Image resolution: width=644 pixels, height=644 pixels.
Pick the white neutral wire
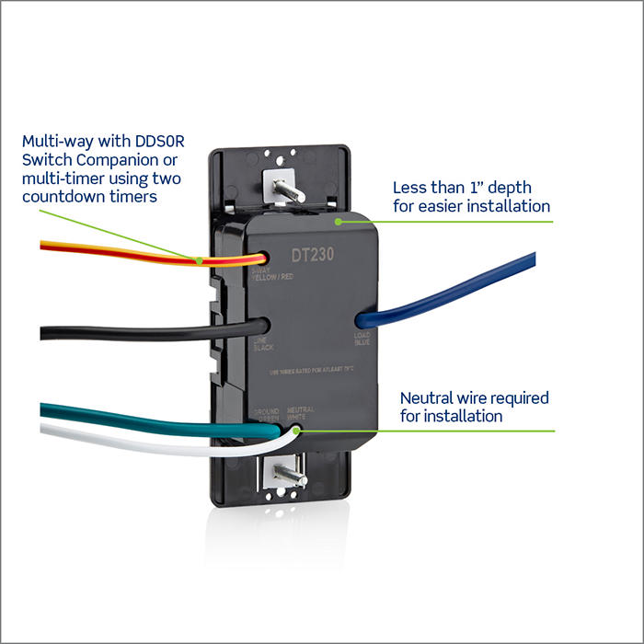[138, 443]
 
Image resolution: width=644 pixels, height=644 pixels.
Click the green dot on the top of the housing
[339, 221]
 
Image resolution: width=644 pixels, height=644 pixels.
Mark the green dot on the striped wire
[200, 259]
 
